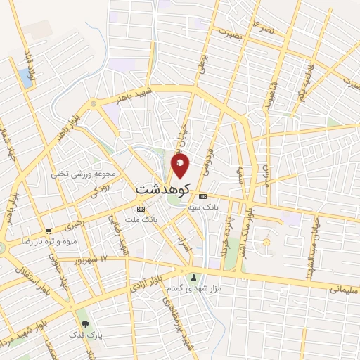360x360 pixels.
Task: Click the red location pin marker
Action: (x=180, y=165)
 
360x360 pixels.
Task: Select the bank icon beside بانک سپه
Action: (x=203, y=196)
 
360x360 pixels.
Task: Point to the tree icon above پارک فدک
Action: (x=86, y=324)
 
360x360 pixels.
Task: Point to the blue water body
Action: (x=27, y=77)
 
